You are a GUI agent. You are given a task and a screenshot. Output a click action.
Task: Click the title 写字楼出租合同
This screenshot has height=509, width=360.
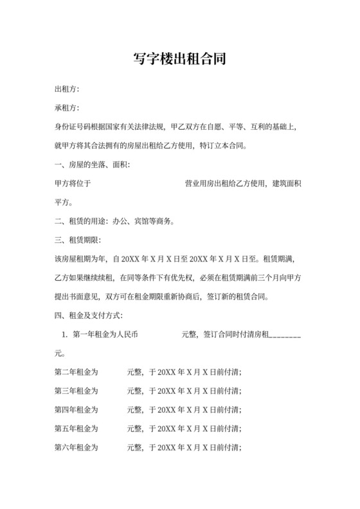click(180, 60)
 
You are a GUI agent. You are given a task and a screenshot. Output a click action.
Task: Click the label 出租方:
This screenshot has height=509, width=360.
click(67, 89)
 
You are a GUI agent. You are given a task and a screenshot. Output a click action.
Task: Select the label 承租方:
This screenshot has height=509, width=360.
click(67, 108)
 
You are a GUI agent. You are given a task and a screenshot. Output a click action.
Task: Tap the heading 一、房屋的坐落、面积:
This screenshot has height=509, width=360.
click(93, 165)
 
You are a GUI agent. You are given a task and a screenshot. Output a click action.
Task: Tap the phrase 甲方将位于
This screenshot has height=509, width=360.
click(73, 184)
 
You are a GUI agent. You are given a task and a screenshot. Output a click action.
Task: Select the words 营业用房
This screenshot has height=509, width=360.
click(199, 184)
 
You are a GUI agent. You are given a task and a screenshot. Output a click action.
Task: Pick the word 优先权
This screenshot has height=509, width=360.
click(209, 278)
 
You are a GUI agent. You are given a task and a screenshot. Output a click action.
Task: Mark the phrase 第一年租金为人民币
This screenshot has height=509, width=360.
click(105, 335)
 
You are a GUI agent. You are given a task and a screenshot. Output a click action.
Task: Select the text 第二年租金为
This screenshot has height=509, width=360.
click(76, 372)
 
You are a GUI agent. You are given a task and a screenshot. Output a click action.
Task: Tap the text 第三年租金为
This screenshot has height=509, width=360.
click(76, 391)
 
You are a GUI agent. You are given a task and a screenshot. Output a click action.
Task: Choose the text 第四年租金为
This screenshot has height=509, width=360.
click(76, 409)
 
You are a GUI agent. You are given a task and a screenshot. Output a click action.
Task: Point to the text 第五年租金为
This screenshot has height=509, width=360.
click(76, 429)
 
